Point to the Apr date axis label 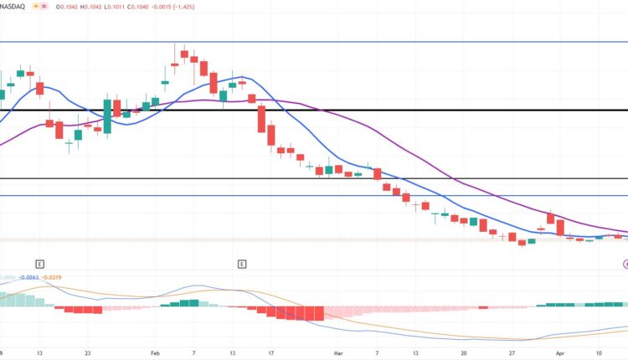(x=559, y=354)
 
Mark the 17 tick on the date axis (x=272, y=354)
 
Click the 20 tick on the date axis (x=463, y=354)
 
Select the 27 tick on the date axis (x=512, y=354)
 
